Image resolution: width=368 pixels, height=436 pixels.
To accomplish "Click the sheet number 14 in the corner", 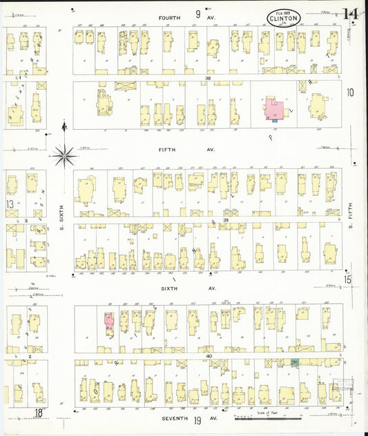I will click(x=351, y=14).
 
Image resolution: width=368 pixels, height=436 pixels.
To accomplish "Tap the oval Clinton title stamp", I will click(x=283, y=18).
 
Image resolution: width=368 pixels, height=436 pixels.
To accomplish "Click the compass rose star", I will click(x=64, y=155).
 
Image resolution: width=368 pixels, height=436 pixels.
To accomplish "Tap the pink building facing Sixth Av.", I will click(x=109, y=322).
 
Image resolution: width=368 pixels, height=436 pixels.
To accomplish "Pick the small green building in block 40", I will click(x=295, y=361).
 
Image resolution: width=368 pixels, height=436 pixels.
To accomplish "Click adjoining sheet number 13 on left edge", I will click(x=10, y=204).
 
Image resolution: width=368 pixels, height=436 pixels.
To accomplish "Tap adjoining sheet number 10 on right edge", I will click(x=350, y=92).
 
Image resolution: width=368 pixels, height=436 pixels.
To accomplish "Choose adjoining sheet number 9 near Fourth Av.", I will click(x=197, y=14).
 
